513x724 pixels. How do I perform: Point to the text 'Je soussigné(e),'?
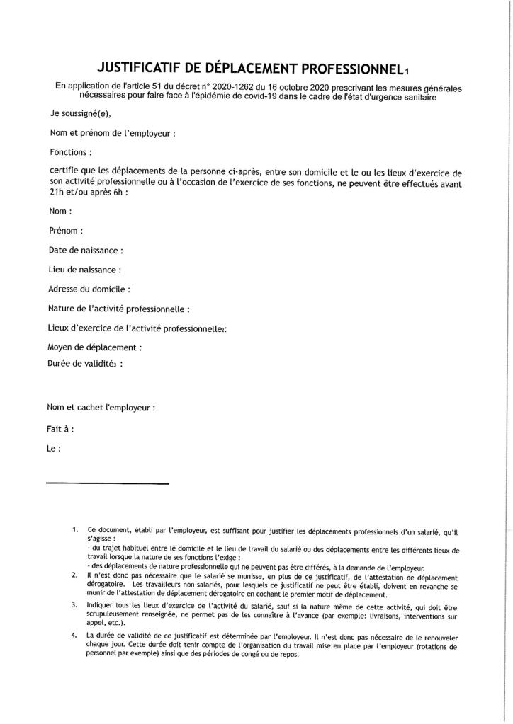pyautogui.click(x=80, y=113)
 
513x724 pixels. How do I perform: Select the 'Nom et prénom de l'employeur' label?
pyautogui.click(x=112, y=132)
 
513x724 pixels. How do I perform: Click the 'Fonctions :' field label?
pyautogui.click(x=71, y=151)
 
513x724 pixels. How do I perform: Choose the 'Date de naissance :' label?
pyautogui.click(x=86, y=250)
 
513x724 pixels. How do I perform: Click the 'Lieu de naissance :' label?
pyautogui.click(x=84, y=269)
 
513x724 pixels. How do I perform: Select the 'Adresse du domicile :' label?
pyautogui.click(x=89, y=289)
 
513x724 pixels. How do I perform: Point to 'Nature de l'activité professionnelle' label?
pyautogui.click(x=118, y=309)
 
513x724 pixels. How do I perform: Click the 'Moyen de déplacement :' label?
pyautogui.click(x=94, y=347)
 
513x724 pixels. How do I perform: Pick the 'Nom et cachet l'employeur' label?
pyautogui.click(x=101, y=408)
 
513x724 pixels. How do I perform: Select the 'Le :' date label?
pyautogui.click(x=54, y=448)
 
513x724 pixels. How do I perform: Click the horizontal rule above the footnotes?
pyautogui.click(x=108, y=483)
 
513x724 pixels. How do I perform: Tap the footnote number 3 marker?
pyautogui.click(x=74, y=605)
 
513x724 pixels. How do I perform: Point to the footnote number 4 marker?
pyautogui.click(x=74, y=635)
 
